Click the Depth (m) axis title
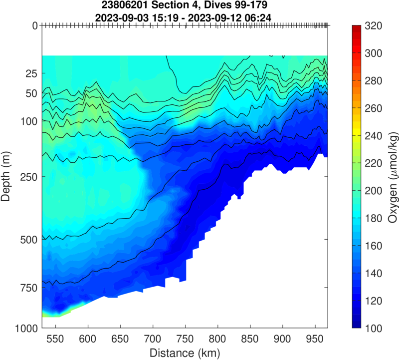[7, 177]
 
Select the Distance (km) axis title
[185, 353]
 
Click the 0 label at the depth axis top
[35, 25]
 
